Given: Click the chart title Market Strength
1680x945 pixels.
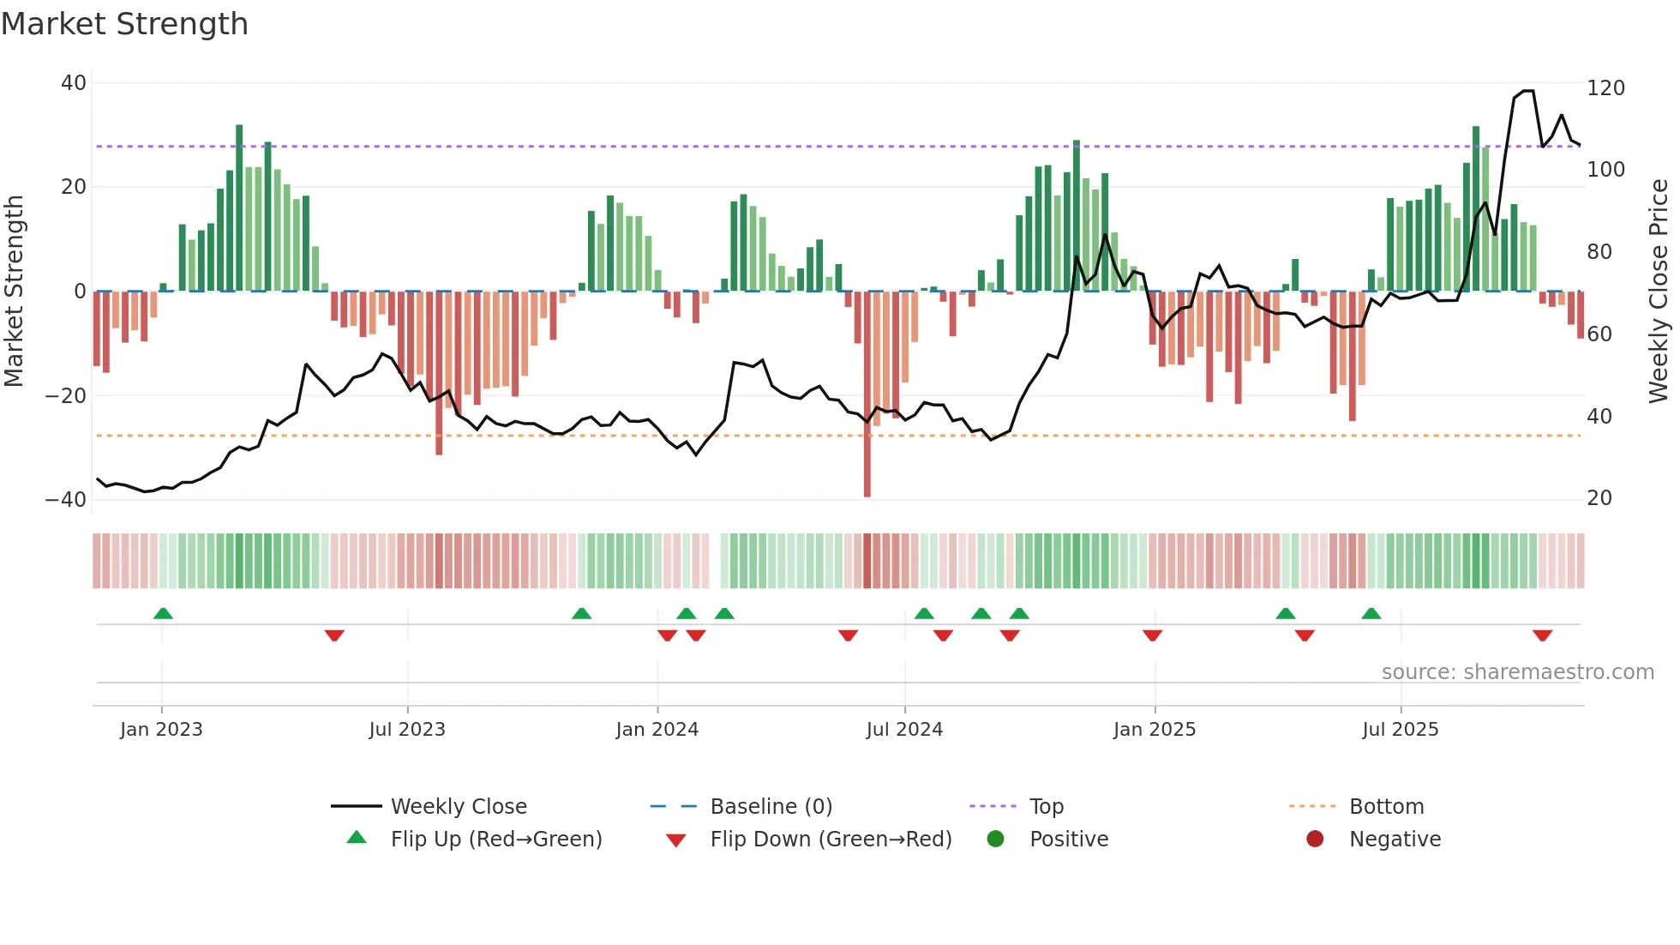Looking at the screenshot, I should [x=124, y=24].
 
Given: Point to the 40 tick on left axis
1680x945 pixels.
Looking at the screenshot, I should [x=74, y=83].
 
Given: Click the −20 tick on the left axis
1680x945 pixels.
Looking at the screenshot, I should [x=65, y=396].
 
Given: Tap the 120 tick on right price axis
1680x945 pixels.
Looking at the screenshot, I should [x=1605, y=88].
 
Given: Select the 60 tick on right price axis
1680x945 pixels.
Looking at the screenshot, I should [x=1599, y=334].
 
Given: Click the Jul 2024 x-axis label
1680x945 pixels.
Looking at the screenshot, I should [x=904, y=730].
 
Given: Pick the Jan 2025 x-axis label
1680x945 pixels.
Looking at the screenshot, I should [x=1154, y=730].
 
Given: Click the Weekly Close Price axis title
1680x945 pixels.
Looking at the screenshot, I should [x=1659, y=292].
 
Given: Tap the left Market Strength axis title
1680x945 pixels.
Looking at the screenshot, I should [x=15, y=292].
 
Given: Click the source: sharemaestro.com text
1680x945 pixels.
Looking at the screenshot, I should [x=1517, y=672].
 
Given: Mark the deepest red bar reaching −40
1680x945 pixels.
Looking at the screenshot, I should [x=867, y=394].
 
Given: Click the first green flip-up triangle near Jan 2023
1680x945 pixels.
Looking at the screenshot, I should [x=163, y=613].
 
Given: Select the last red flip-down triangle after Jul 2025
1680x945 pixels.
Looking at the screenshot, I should [x=1542, y=635].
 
